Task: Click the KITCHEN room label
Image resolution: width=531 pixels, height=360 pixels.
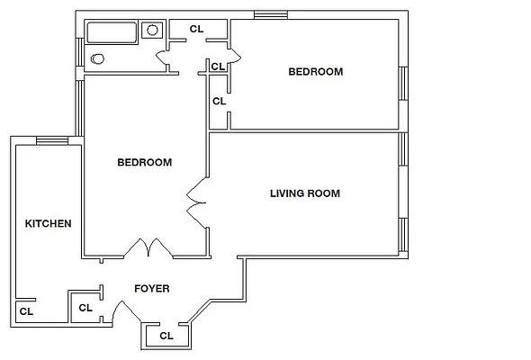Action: coord(48,223)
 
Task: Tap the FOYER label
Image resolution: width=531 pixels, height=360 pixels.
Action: coord(151,289)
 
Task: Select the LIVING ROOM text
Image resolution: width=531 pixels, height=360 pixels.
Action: coord(305,193)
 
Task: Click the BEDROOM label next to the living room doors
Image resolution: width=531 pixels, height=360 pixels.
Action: coord(144,163)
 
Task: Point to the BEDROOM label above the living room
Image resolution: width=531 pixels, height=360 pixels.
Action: coord(315,72)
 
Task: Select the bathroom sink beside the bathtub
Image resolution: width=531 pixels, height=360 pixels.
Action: coord(152,30)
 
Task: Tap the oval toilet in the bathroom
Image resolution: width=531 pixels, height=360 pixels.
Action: coord(97,59)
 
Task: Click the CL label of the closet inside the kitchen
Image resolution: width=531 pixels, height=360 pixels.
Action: coord(26,312)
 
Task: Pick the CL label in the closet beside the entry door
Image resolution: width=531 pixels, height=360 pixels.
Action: coord(85,308)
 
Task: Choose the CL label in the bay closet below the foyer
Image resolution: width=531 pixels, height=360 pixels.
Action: coord(166,336)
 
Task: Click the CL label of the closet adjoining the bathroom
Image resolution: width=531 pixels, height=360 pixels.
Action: coord(196,29)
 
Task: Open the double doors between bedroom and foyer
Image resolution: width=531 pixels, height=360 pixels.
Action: coord(147,247)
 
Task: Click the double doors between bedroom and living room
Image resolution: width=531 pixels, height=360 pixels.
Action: coord(196,202)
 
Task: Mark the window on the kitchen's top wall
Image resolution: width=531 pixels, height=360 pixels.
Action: coord(51,139)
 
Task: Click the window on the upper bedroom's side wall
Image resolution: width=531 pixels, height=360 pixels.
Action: coord(403,83)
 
